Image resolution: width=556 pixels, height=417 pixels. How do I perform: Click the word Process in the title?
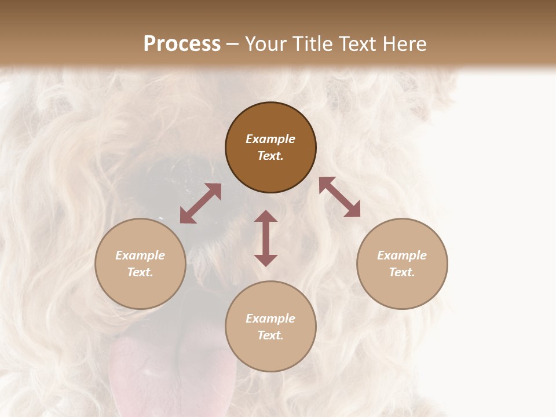182,44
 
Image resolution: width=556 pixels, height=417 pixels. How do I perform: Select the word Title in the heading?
315,44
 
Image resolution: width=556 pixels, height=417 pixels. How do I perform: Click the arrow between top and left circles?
200,203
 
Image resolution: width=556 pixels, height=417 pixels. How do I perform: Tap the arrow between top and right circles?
340,197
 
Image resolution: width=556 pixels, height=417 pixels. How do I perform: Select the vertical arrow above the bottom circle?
266,238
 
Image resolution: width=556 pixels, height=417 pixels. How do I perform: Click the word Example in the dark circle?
270,139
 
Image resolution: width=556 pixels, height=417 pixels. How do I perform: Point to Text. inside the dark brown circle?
270,156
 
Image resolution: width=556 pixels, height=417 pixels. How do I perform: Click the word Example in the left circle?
140,255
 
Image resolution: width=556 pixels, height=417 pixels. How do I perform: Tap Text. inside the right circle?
402,272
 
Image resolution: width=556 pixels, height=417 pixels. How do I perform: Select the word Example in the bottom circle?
270,319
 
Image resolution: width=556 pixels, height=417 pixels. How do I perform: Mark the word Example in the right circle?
402,255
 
